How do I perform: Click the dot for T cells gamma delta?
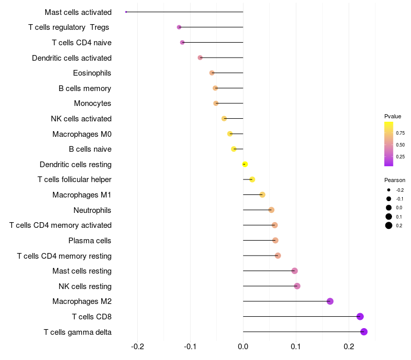[364, 332]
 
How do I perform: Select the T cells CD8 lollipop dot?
[360, 316]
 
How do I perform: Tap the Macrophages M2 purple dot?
[330, 301]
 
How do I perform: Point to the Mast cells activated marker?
[126, 12]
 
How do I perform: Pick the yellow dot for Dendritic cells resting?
[245, 164]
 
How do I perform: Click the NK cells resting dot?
[297, 286]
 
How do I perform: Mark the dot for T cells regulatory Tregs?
[179, 27]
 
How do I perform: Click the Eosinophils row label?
[92, 73]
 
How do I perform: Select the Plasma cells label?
[89, 241]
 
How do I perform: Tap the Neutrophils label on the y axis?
[92, 210]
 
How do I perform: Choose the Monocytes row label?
[92, 103]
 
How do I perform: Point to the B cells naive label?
[90, 149]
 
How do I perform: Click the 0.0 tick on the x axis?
[243, 347]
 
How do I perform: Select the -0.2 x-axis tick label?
[137, 347]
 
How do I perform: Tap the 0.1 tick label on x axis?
[296, 347]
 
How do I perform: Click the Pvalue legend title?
[393, 116]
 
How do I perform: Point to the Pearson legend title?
[395, 180]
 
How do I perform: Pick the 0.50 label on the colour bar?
[400, 145]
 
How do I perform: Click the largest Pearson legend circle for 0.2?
[389, 225]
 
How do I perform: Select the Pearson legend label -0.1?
[399, 199]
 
